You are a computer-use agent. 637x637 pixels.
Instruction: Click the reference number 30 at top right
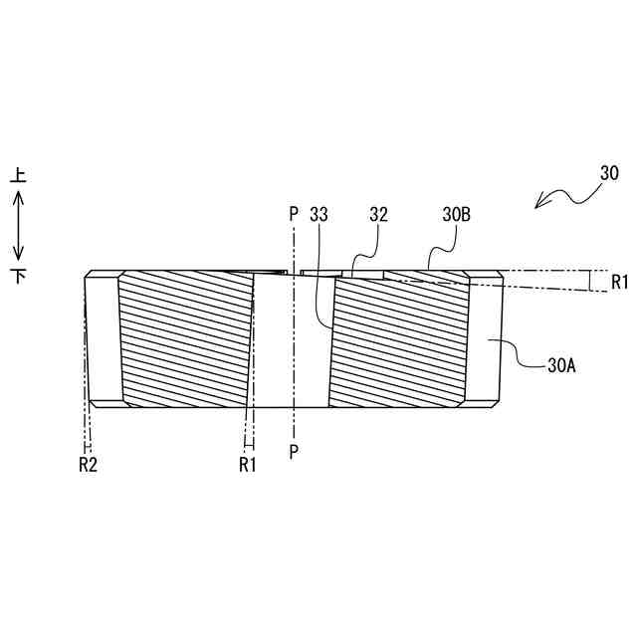coord(610,173)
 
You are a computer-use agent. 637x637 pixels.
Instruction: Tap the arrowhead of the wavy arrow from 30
coord(538,206)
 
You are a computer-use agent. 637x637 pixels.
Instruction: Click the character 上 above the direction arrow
coord(18,176)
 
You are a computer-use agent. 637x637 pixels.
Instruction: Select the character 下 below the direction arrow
coord(18,275)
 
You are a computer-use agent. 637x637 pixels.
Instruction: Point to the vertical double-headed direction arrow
coord(18,225)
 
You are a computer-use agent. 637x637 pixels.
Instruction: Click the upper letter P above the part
coord(294,214)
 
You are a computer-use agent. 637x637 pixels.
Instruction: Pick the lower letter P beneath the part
coord(294,451)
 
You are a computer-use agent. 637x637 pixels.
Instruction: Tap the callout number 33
coord(319,214)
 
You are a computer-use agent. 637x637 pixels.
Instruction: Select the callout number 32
coord(378,214)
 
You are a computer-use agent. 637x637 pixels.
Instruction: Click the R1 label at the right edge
coord(620,282)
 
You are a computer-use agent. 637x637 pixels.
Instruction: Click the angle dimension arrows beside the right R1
coord(594,281)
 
